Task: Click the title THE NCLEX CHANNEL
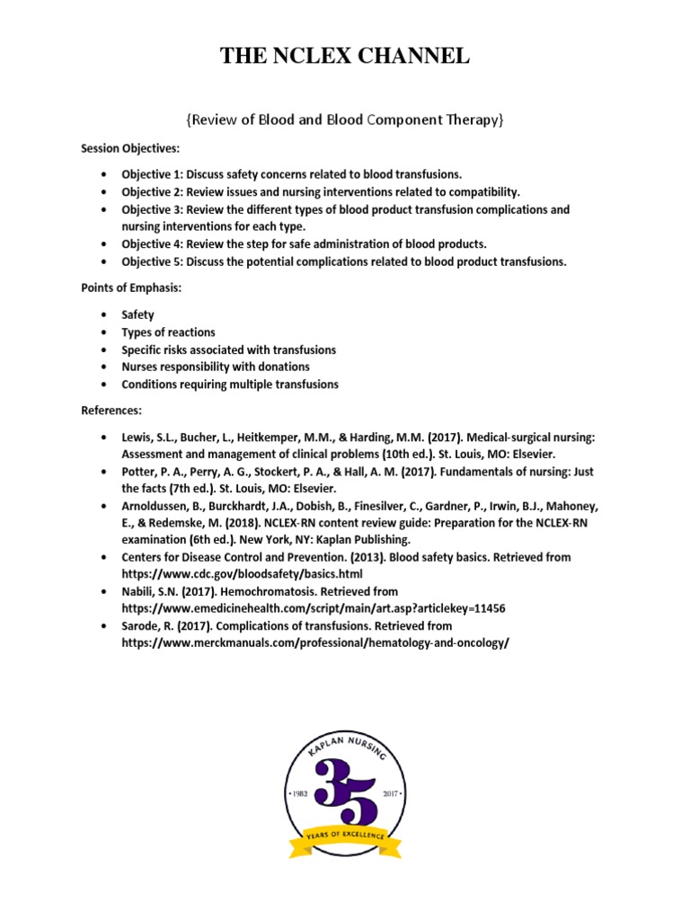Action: [345, 57]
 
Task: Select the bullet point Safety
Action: [137, 314]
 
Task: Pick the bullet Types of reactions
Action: [169, 332]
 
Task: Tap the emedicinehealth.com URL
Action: [314, 608]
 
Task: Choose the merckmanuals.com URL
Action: [309, 643]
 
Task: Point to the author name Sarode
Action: [143, 626]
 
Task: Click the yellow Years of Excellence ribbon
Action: [345, 839]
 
